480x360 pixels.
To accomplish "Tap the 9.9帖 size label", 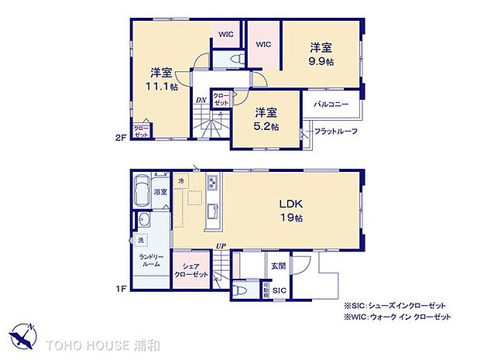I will [321, 61].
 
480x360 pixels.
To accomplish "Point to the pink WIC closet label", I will [263, 44].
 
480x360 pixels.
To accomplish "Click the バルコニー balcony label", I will [331, 104].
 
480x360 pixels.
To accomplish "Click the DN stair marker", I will [200, 99].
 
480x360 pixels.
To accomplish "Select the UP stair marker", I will [221, 246].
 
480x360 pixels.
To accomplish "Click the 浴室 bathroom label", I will [161, 190].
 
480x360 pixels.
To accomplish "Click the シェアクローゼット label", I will [190, 270].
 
